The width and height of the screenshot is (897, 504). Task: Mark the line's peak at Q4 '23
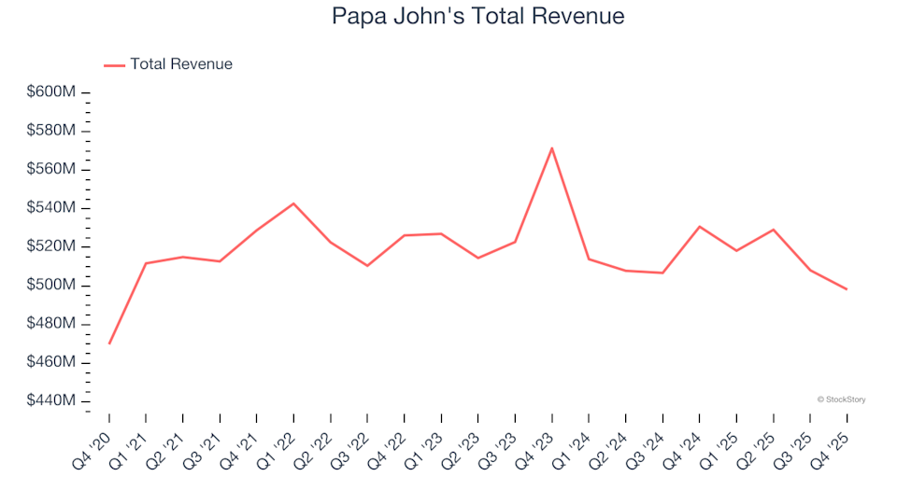coord(551,147)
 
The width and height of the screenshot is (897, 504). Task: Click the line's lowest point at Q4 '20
coord(109,343)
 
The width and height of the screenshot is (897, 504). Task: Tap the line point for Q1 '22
coord(293,203)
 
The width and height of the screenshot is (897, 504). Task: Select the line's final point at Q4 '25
coord(847,289)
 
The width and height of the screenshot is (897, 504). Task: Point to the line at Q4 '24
coord(699,226)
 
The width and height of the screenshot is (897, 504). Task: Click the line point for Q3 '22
coord(367,266)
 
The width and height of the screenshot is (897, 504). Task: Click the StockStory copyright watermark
coord(841,399)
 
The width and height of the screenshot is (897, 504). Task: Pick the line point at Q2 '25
coord(773,230)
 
